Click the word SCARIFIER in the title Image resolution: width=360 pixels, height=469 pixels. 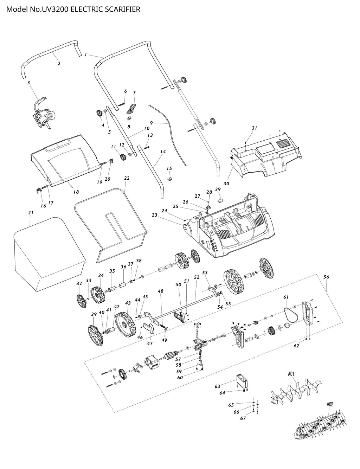point(121,9)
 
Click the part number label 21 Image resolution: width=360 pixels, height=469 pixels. point(31,213)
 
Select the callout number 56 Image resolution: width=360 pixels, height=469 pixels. point(326,277)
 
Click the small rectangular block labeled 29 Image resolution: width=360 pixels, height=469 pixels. point(220,198)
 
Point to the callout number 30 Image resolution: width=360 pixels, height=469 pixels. point(226,184)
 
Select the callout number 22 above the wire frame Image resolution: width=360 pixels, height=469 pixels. point(127,179)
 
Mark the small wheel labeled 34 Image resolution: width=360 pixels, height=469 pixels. point(97,295)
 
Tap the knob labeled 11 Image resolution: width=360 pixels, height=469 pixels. point(123,157)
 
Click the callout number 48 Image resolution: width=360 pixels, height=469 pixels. point(161,291)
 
